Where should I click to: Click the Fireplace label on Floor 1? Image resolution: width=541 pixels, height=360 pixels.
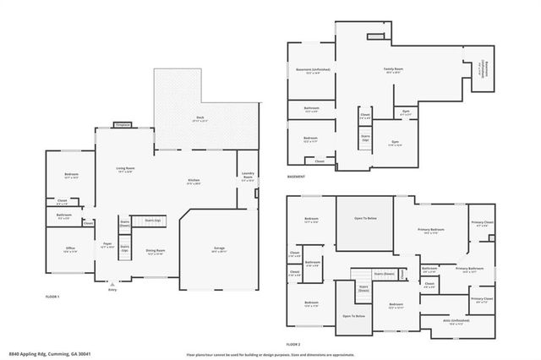(123, 125)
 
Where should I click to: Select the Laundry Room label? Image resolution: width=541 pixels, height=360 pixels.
(248, 177)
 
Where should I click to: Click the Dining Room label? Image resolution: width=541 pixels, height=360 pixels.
(154, 252)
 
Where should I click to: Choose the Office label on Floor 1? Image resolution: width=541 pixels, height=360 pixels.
(70, 249)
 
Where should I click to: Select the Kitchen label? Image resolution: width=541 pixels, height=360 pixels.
(194, 182)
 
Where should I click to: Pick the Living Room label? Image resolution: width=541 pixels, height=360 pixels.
(126, 170)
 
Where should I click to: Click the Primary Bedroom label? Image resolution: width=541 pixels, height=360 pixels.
(431, 230)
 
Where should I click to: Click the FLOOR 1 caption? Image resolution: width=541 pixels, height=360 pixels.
(53, 297)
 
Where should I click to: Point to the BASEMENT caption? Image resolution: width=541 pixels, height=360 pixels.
(296, 177)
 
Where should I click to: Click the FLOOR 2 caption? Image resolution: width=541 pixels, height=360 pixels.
(293, 345)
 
